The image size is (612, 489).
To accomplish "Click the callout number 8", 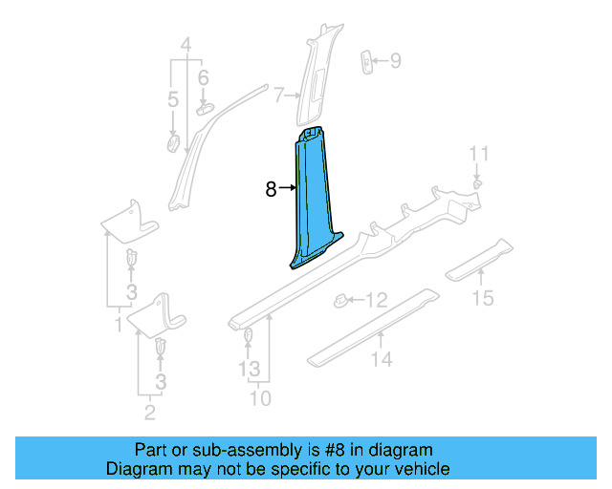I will (271, 189).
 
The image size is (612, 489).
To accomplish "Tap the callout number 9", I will (395, 62).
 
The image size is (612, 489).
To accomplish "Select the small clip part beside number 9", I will (367, 61).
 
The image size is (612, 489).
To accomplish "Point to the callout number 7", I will (278, 95).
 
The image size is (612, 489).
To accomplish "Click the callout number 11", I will (478, 153).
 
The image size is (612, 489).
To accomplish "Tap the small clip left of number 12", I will (339, 301).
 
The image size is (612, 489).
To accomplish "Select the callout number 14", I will (382, 359).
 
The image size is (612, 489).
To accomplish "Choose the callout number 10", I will (260, 397).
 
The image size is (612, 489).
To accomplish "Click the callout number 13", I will (249, 368).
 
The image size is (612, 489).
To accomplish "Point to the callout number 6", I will (203, 77).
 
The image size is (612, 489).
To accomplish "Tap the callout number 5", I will (172, 99).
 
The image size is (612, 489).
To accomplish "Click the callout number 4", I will (186, 43).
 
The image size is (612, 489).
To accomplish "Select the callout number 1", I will (118, 326).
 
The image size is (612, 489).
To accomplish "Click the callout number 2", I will (150, 413).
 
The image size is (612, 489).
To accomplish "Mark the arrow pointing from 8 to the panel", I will (286, 189).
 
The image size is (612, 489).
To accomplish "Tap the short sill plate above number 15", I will (481, 257).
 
